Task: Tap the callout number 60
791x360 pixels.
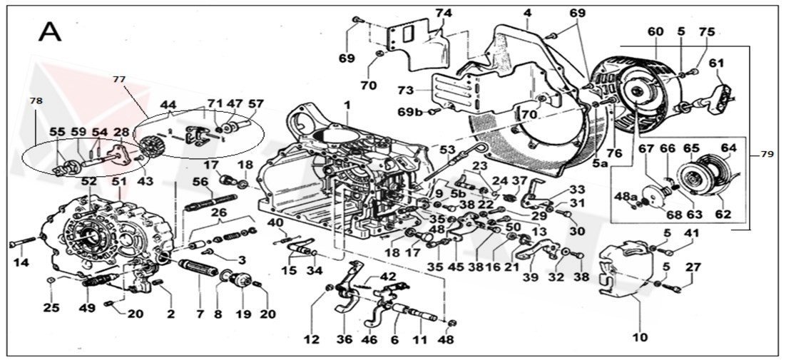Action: (655, 31)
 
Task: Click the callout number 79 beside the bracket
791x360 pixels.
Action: (767, 153)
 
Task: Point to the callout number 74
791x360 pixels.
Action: (444, 14)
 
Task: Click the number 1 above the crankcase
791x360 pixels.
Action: (347, 105)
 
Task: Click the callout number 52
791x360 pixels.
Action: (88, 182)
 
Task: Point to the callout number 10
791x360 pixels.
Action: (639, 336)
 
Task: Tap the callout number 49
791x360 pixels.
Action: (87, 308)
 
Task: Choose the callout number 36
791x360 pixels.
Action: (345, 339)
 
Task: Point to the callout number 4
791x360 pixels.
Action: (527, 13)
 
